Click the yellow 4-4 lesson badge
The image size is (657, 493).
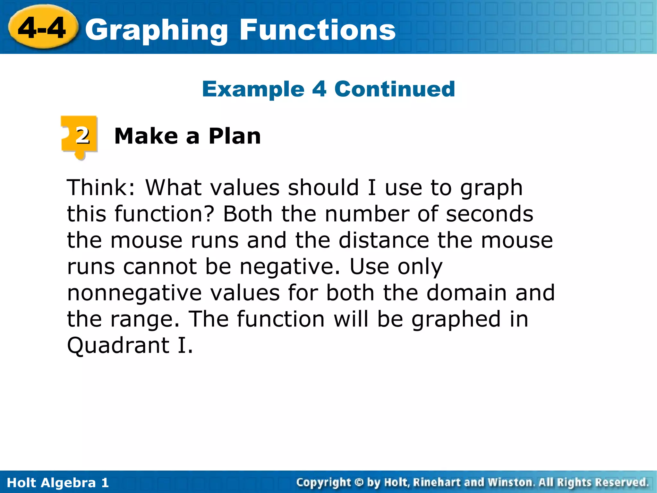tap(43, 28)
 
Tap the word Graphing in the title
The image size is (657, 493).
tap(157, 30)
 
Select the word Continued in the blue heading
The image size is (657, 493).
tap(395, 89)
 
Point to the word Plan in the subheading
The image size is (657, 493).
tap(235, 136)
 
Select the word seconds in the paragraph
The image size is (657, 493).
tap(490, 214)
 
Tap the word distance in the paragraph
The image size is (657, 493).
tap(384, 240)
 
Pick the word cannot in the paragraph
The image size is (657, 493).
tap(160, 266)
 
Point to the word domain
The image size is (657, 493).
tap(467, 293)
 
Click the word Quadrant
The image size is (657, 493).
tap(118, 345)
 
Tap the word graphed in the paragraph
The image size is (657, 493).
tap(456, 320)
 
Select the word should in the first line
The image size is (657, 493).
tap(323, 187)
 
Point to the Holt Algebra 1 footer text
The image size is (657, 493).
tap(58, 483)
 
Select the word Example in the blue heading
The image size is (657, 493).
tap(253, 89)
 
